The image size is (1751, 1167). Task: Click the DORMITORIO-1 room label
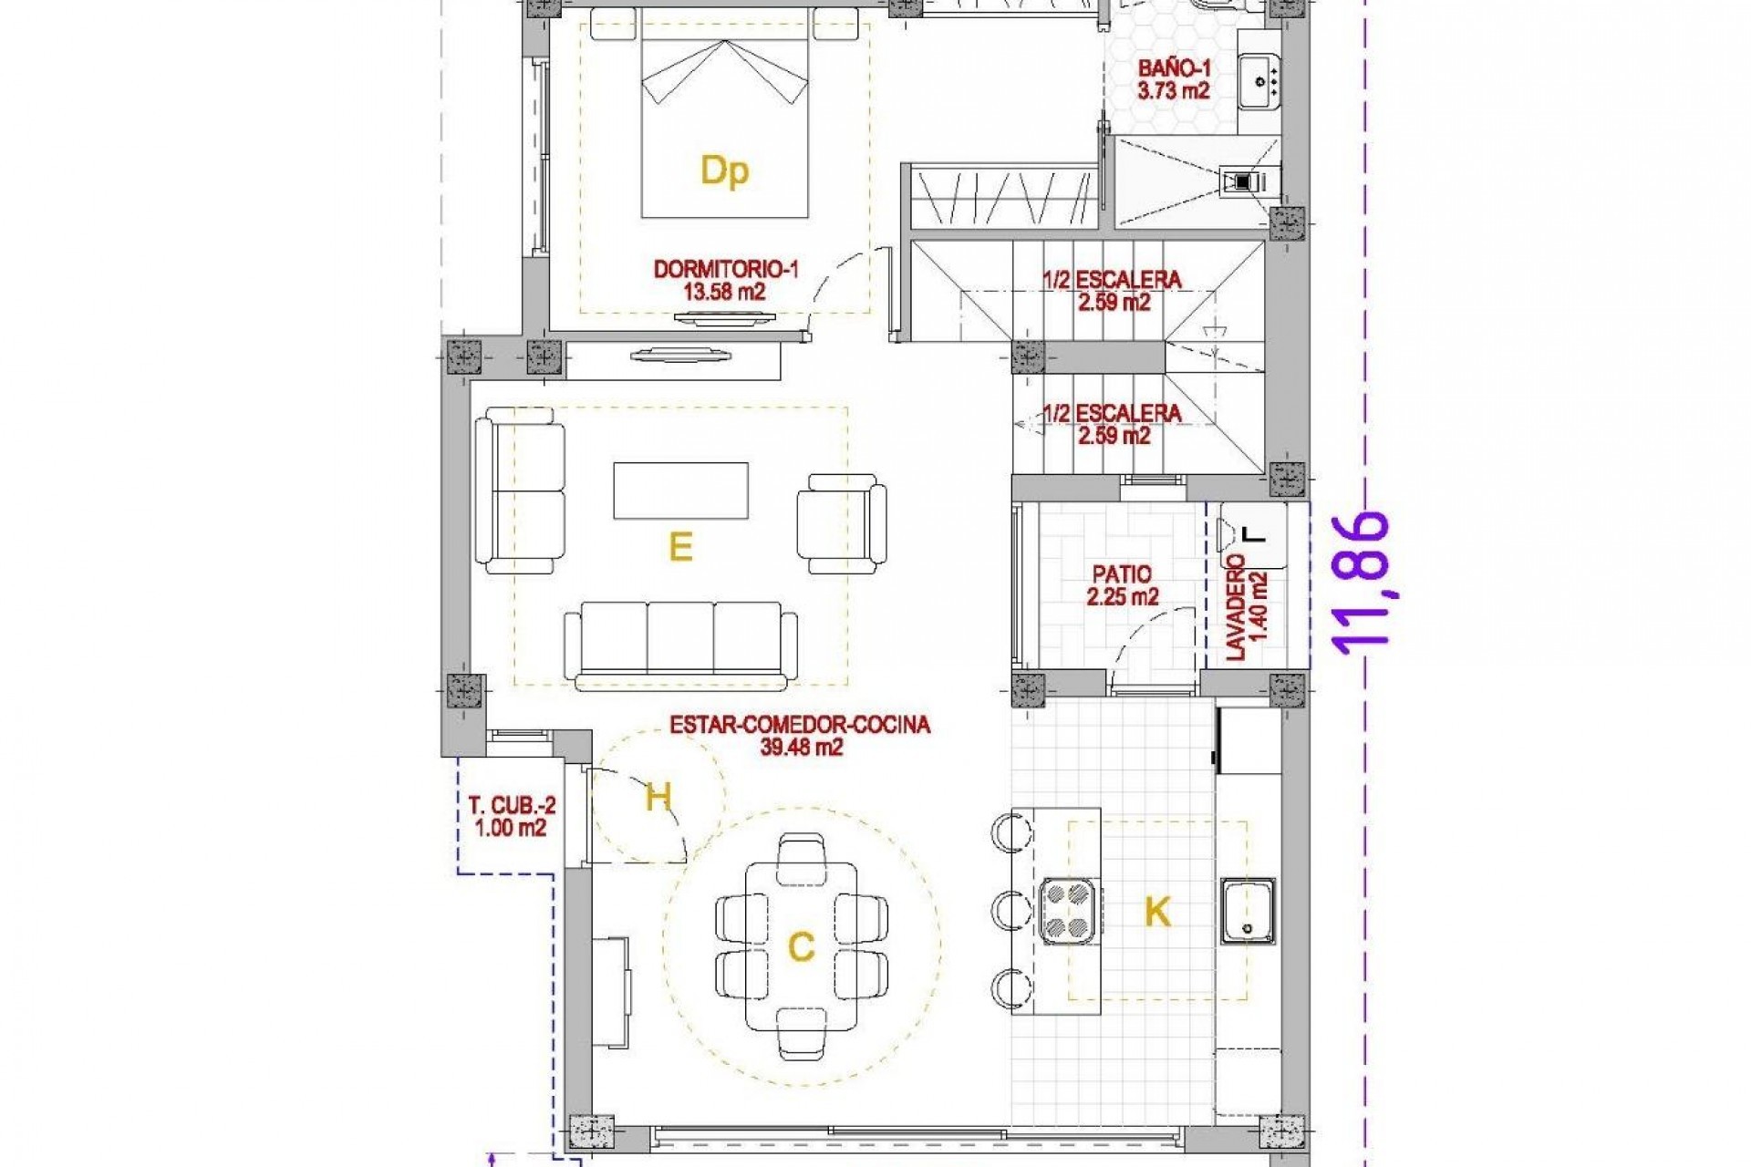click(725, 270)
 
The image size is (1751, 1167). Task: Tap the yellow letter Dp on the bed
click(724, 171)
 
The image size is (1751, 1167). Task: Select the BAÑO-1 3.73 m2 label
click(1173, 79)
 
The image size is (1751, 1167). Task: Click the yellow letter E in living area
click(680, 547)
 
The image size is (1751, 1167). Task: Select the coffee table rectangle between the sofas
click(680, 491)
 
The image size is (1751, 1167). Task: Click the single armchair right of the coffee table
click(841, 523)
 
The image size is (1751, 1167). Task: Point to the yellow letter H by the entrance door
click(658, 798)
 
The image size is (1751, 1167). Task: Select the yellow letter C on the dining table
click(800, 948)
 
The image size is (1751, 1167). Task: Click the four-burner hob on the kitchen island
click(1068, 910)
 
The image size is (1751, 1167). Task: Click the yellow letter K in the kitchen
click(1157, 911)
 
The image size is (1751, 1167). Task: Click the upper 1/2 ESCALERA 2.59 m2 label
click(1113, 290)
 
